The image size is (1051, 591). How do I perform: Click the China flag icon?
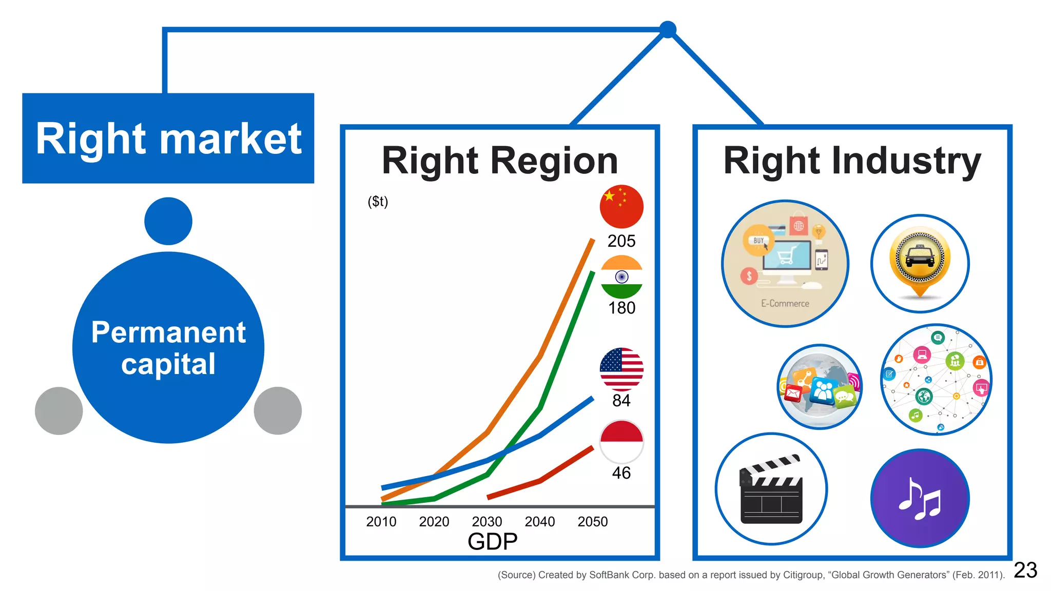[621, 206]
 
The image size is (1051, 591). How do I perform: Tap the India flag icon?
[621, 277]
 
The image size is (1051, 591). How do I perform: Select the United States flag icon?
[621, 369]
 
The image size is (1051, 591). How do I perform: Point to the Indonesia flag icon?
[621, 442]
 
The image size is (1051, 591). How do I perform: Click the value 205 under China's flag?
[621, 241]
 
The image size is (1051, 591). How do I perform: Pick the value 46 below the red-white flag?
[621, 472]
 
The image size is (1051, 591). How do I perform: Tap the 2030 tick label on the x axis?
[486, 522]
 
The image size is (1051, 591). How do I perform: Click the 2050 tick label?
[592, 522]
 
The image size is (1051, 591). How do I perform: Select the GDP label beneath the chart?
[492, 542]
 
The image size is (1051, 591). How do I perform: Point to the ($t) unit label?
[378, 201]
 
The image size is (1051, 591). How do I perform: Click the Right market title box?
[168, 138]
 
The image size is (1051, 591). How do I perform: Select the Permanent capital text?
[168, 348]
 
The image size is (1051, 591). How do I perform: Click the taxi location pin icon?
[920, 263]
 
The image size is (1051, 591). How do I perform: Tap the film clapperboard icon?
[771, 488]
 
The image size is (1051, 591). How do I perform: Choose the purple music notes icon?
[920, 498]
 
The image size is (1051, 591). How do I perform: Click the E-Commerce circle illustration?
[785, 264]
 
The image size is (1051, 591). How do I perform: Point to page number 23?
[1025, 570]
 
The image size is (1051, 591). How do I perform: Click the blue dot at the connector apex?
[667, 30]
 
